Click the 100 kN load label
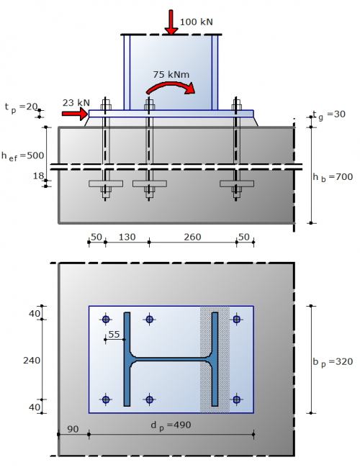tap(197, 22)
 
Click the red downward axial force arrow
tap(171, 22)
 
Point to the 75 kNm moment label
tap(171, 74)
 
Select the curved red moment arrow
tap(171, 88)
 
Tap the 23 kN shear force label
tap(76, 103)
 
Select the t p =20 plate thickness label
tap(21, 107)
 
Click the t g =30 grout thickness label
tap(329, 115)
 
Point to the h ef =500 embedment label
tap(23, 156)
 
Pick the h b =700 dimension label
tap(333, 177)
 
